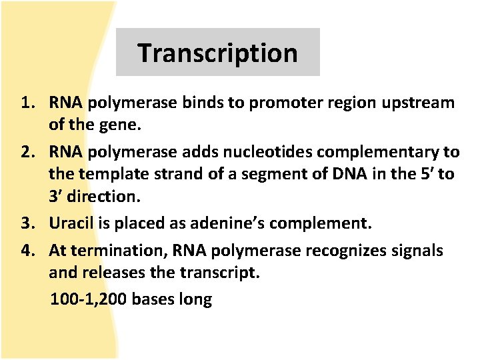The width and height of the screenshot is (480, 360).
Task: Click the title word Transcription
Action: (217, 53)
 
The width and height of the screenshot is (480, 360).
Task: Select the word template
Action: (113, 175)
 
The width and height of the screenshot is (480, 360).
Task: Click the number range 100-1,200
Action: (89, 299)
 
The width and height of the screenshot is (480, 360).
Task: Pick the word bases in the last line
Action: (153, 299)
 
